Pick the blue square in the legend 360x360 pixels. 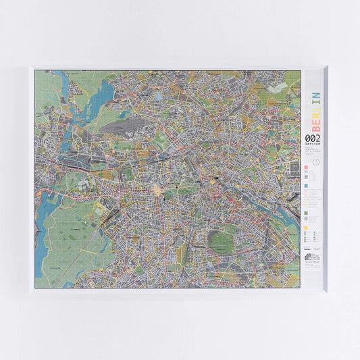click(x=306, y=184)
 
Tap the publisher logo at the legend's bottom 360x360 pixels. click(x=307, y=258)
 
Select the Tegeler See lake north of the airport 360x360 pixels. click(x=107, y=90)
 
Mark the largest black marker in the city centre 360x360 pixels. click(x=217, y=178)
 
